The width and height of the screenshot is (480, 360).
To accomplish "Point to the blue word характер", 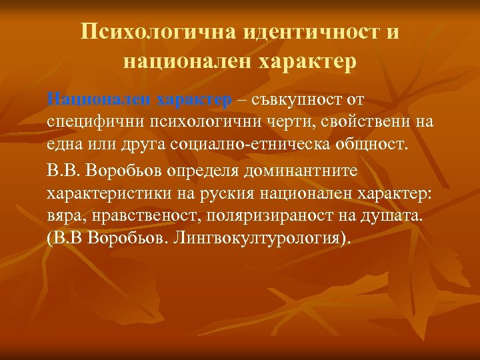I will (x=194, y=99).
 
